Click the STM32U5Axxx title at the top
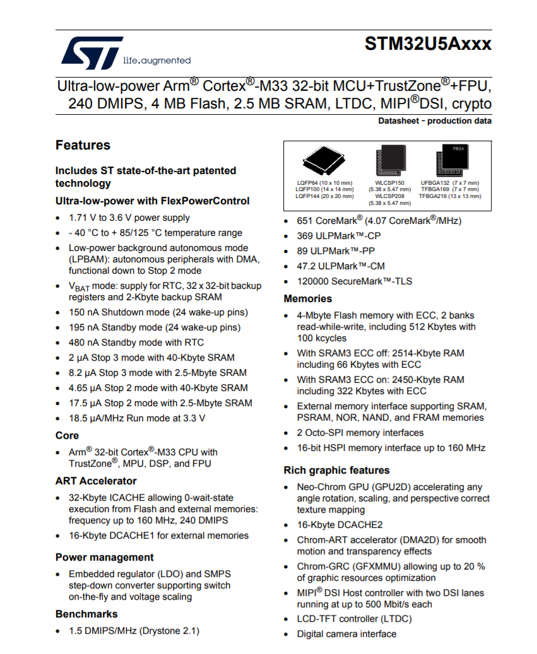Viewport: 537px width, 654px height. [x=427, y=44]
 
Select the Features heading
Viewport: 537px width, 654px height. [x=83, y=145]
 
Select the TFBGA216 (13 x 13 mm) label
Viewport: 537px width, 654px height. [x=449, y=196]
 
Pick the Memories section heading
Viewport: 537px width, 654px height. [x=308, y=299]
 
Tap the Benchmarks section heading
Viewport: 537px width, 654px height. [x=86, y=614]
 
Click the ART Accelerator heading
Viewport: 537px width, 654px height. [x=96, y=481]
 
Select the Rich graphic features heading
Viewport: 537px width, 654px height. [x=336, y=470]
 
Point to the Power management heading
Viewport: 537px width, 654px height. [x=104, y=558]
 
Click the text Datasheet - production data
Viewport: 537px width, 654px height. [x=435, y=121]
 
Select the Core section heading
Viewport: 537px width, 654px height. [x=67, y=436]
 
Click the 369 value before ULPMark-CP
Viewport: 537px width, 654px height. [x=305, y=236]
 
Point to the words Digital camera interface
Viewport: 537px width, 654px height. [x=346, y=634]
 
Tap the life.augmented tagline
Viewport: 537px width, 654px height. [x=156, y=61]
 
